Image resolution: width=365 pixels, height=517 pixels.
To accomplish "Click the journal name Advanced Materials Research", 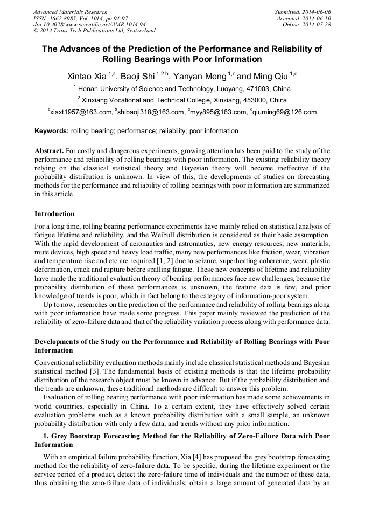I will [71, 12].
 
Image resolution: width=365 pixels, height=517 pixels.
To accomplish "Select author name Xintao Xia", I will [87, 76].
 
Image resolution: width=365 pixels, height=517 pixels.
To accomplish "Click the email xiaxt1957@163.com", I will [80, 112].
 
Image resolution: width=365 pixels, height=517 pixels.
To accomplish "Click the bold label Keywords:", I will [52, 131].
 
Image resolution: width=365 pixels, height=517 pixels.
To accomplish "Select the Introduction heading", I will [54, 214].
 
